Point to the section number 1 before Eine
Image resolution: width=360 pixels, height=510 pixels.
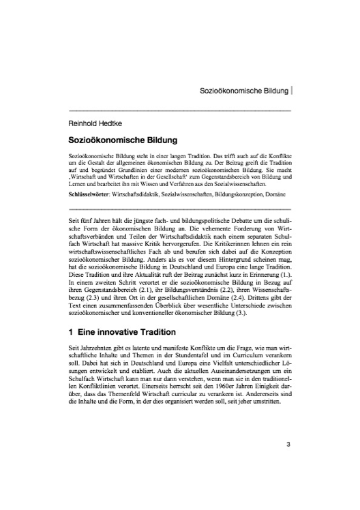click(x=72, y=334)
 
